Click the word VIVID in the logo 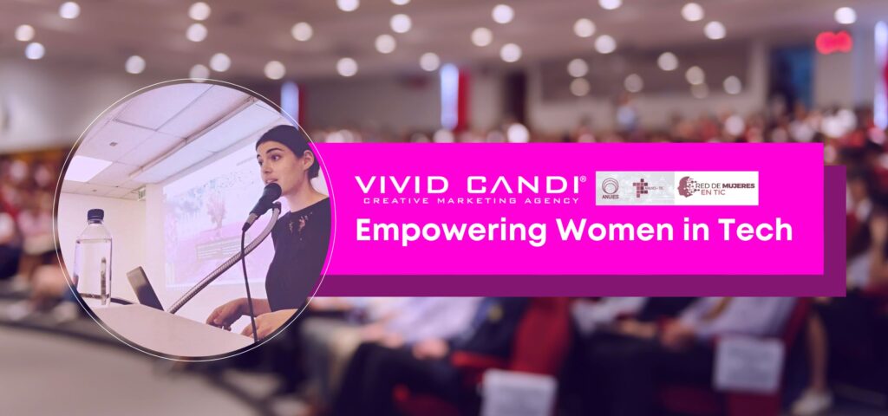401,185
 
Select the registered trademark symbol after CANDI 583,179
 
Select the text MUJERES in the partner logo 730,181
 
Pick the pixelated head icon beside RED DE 687,187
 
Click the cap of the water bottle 95,215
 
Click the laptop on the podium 145,288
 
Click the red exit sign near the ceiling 833,42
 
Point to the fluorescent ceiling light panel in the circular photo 88,168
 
